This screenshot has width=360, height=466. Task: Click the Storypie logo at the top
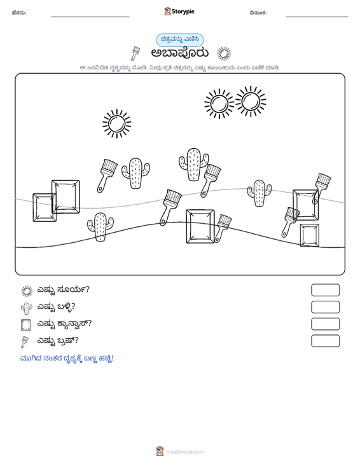coord(179,11)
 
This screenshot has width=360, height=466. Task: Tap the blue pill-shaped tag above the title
coord(180,40)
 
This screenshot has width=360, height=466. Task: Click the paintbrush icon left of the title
coord(135,53)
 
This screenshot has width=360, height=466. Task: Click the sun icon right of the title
coord(224,54)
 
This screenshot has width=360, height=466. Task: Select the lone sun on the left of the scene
coord(117,123)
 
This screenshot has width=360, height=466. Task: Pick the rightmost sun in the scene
coord(251,102)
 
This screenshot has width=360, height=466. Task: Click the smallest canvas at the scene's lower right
coord(310,235)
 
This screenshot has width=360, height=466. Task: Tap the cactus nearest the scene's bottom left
coord(100,227)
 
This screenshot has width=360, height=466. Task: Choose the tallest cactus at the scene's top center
coord(194,165)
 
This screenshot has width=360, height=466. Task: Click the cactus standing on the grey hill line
coord(260,193)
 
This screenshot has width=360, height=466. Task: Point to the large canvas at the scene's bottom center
coord(200,226)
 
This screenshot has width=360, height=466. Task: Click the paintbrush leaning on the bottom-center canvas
coord(223,228)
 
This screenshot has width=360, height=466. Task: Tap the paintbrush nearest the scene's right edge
coord(322,188)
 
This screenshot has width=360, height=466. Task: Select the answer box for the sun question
coord(325,290)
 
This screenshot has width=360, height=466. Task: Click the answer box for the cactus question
coord(325,307)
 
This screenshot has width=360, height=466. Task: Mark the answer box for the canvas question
coord(325,324)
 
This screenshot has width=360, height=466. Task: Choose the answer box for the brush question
coord(325,341)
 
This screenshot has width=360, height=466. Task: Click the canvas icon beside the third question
coord(26,325)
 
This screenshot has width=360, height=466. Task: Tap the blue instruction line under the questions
coord(67,359)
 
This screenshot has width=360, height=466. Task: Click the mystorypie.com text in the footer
coord(185,452)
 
